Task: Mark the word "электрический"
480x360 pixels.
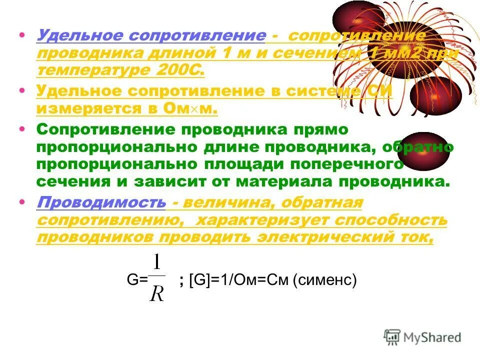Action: click(328, 237)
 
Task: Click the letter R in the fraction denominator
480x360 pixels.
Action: click(157, 293)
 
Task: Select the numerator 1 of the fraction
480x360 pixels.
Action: click(157, 263)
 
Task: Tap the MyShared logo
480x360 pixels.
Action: click(422, 336)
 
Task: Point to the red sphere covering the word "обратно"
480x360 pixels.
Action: click(426, 151)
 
